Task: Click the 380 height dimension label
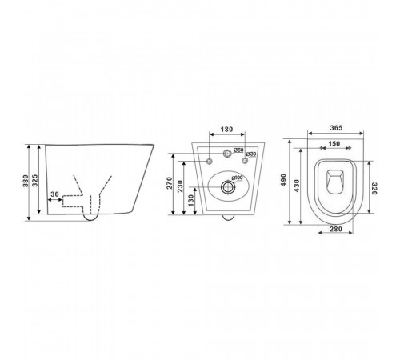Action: [x=26, y=181]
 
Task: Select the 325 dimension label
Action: [x=35, y=181]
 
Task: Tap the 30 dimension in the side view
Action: [x=54, y=194]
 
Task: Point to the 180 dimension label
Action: [x=226, y=130]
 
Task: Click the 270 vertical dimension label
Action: [x=170, y=183]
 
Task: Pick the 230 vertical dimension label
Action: [x=181, y=186]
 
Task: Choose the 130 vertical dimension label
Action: [x=191, y=200]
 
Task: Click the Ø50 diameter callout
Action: [x=238, y=150]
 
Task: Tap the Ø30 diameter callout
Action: [x=251, y=154]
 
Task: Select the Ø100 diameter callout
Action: [x=237, y=178]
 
